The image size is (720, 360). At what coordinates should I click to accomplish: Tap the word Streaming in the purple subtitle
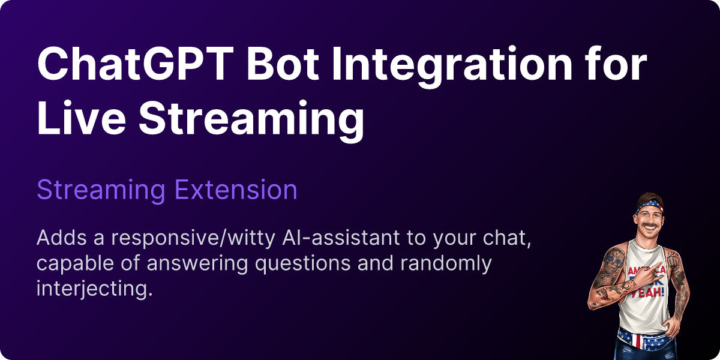pyautogui.click(x=101, y=190)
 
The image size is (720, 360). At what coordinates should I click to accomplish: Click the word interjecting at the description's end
pyautogui.click(x=91, y=289)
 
